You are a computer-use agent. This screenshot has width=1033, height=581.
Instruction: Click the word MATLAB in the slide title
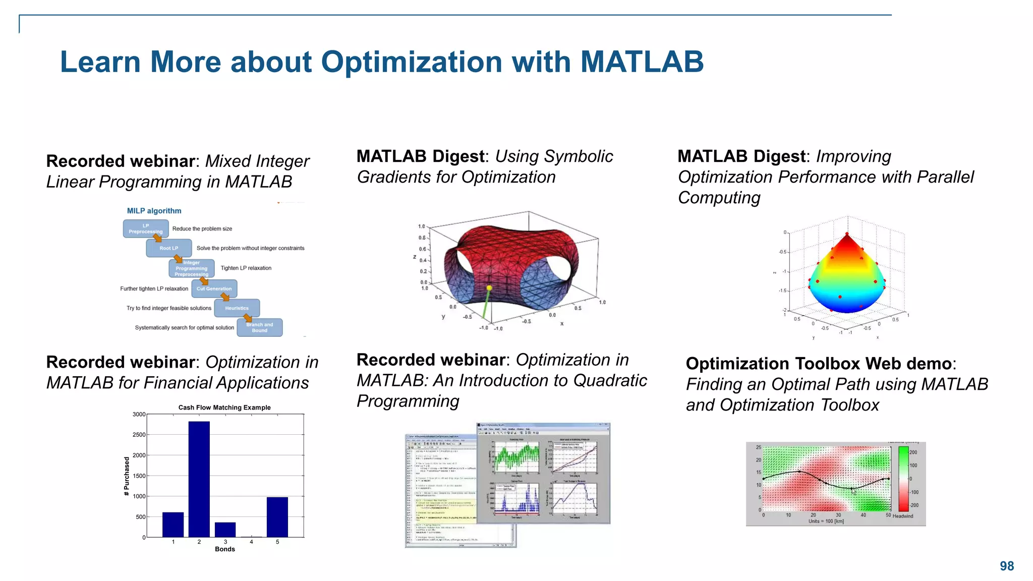(642, 62)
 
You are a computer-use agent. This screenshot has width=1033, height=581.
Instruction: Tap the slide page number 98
(1006, 566)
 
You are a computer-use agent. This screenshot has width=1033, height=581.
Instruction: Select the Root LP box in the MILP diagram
(168, 248)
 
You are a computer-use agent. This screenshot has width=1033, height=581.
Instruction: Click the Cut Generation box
(214, 288)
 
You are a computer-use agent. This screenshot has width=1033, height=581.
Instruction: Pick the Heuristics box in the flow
(237, 308)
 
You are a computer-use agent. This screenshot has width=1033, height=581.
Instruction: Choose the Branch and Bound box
(259, 327)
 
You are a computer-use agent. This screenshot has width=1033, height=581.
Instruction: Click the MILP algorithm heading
(154, 211)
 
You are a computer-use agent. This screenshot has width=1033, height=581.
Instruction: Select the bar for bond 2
(199, 479)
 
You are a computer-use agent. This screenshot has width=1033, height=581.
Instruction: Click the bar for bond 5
(277, 517)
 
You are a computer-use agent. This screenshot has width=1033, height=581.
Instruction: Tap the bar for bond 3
(225, 530)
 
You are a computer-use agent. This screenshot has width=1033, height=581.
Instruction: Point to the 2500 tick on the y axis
(139, 435)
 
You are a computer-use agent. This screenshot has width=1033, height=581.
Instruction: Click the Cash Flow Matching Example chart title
(224, 408)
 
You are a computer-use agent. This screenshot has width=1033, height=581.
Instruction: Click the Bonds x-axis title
(224, 549)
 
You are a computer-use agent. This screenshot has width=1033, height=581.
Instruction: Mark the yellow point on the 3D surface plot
(489, 288)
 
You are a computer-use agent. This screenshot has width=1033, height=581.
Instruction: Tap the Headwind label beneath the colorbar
(902, 516)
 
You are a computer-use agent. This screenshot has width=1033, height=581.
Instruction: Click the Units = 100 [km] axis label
(826, 521)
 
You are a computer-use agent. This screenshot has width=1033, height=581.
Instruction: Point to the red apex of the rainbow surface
(847, 235)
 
